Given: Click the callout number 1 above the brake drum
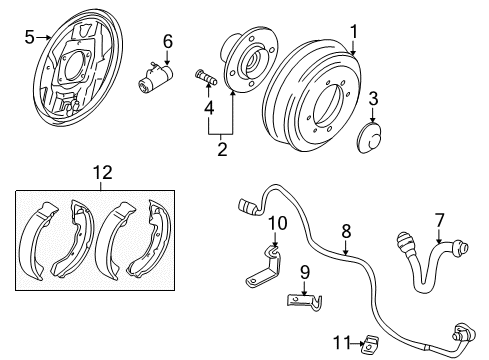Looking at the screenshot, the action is point(354,32).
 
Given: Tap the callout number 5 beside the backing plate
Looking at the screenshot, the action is point(29,37).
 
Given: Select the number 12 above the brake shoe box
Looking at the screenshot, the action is point(103,173).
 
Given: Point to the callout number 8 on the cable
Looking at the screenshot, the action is point(346,231).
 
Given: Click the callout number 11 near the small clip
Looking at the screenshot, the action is point(343,342).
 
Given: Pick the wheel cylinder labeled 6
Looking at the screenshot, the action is point(156,77).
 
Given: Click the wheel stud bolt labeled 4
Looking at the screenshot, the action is point(206,77).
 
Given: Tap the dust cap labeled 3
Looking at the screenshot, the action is point(369,138).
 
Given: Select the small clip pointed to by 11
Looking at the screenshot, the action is point(370,344).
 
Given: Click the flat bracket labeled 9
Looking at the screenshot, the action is point(304,301).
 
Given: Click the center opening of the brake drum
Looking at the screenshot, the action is point(327,106).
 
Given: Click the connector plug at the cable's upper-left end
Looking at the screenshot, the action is point(248,207).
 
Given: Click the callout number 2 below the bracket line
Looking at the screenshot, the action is point(222,149).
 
